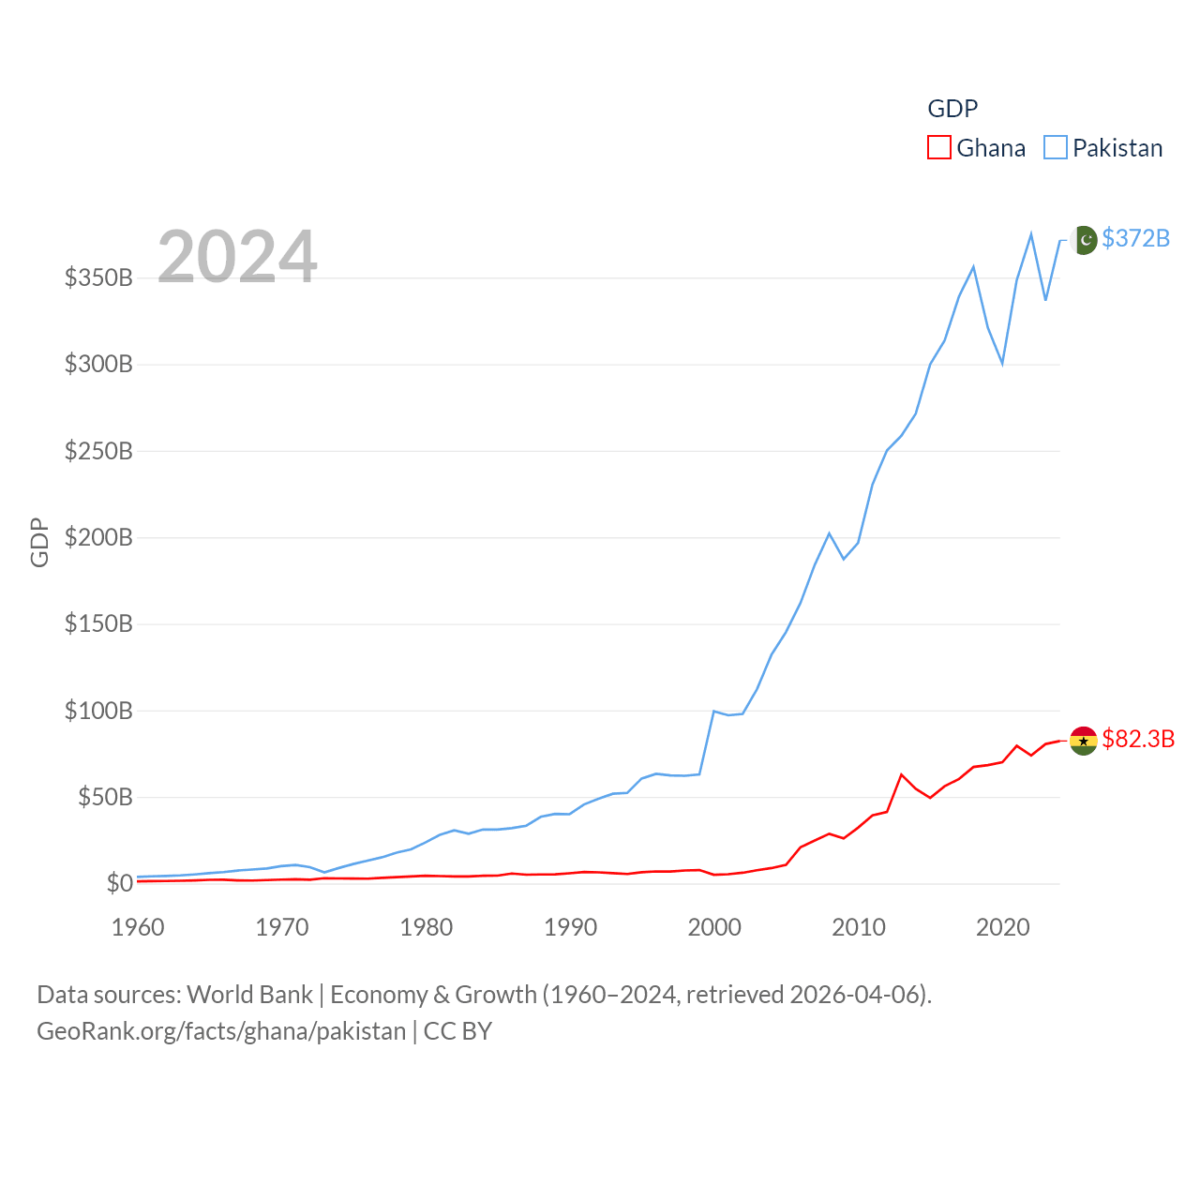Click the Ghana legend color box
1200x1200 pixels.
(x=939, y=148)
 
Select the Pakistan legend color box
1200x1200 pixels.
(x=1056, y=148)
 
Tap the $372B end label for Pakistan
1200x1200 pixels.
(x=1135, y=238)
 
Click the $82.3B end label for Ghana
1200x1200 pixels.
(x=1138, y=739)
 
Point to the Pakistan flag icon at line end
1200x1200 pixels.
(x=1084, y=240)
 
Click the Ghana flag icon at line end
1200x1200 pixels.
(x=1084, y=740)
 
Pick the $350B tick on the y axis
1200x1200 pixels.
(x=98, y=277)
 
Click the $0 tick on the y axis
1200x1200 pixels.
(x=119, y=883)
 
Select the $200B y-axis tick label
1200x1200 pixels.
(x=98, y=537)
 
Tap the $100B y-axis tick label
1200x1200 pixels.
(x=98, y=711)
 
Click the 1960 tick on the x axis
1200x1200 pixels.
(x=138, y=927)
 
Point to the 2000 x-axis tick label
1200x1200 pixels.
(x=714, y=927)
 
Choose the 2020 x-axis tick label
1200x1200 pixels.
(x=1003, y=927)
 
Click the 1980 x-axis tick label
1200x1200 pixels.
(x=426, y=927)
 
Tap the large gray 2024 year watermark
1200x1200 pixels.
(x=237, y=257)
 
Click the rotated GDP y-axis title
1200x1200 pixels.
(x=39, y=542)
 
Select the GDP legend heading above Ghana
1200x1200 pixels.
(x=952, y=109)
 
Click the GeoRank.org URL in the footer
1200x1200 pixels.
(x=221, y=1031)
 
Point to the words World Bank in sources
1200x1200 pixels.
(x=249, y=994)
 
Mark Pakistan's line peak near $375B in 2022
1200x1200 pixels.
(x=1031, y=233)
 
